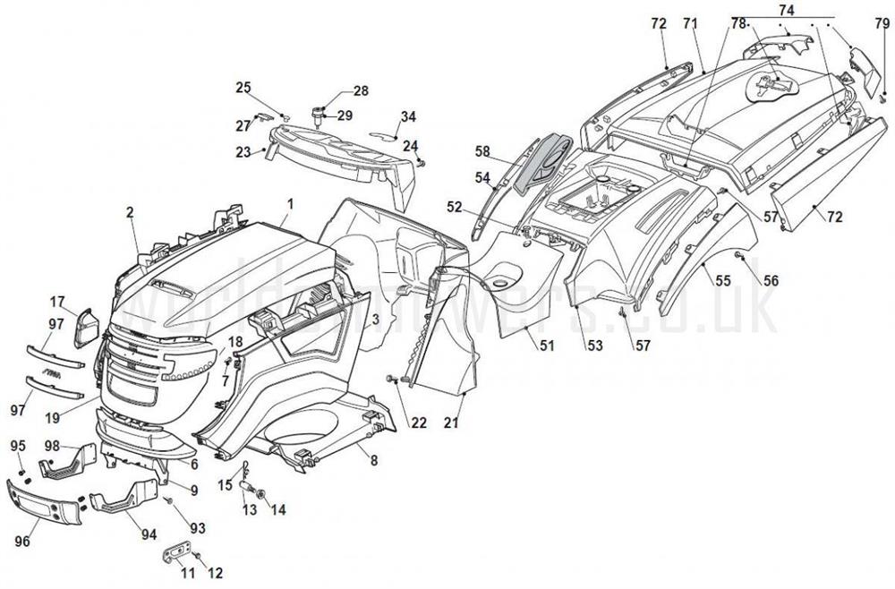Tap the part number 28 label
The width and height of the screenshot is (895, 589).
[x=361, y=90]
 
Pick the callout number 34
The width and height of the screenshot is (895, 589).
[x=408, y=117]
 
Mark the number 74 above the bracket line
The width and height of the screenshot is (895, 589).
[x=787, y=9]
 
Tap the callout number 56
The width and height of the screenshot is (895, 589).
[x=771, y=280]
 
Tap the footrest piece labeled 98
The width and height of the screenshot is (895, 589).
[x=68, y=461]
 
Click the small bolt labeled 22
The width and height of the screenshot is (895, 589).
[x=391, y=380]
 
